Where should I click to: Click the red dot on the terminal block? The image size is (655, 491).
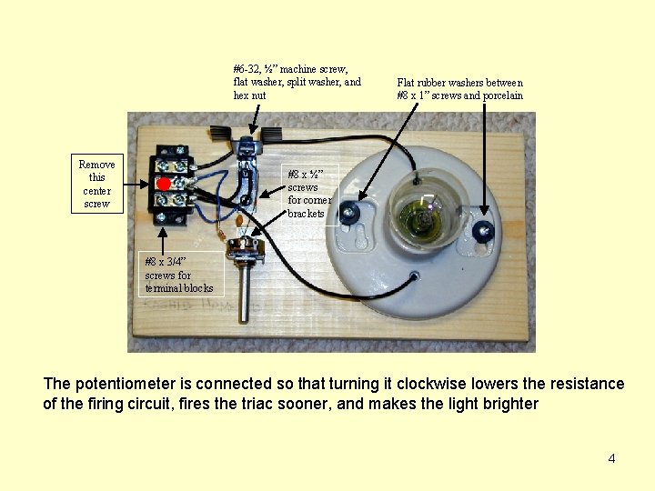point(163,184)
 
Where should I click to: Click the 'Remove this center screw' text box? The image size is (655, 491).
point(96,184)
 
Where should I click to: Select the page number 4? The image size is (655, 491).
point(611,458)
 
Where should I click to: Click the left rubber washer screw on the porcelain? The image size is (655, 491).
point(355,212)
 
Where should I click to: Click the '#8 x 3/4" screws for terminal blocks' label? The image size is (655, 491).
point(178,276)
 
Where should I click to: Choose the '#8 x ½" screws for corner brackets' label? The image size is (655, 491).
point(310,193)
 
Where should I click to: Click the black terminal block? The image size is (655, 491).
point(169,185)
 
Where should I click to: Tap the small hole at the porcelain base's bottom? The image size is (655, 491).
point(414,275)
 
